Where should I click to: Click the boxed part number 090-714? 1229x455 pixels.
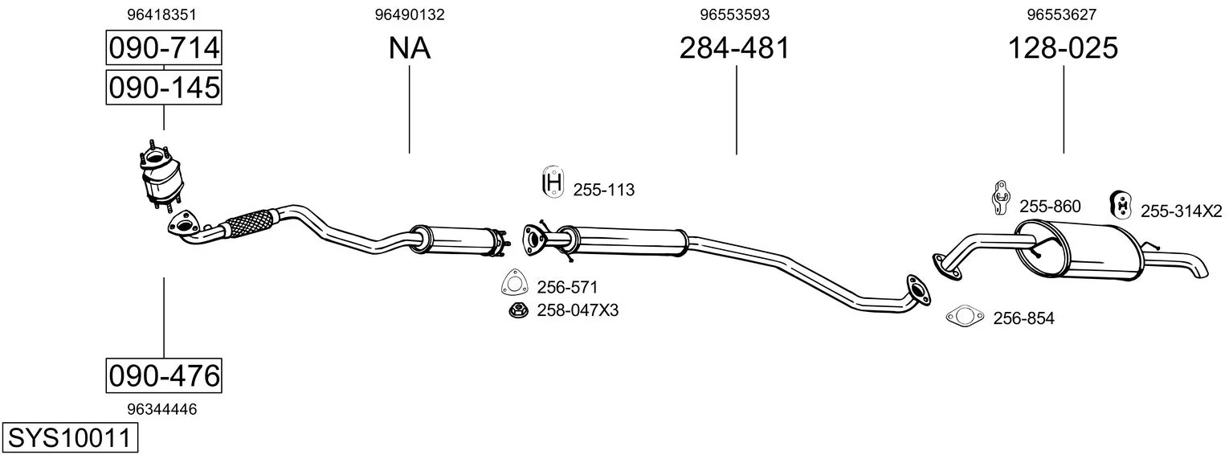(x=164, y=47)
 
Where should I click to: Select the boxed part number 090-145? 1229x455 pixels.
(x=164, y=88)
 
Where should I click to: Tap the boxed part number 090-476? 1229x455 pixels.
(x=164, y=376)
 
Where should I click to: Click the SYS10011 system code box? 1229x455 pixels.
(x=70, y=438)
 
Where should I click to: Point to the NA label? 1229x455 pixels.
(x=410, y=47)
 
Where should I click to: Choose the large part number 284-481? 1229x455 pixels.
(x=734, y=47)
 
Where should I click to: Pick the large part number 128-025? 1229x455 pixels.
(x=1063, y=47)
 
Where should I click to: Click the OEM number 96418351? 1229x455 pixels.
(x=161, y=14)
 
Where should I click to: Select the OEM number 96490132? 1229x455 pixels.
(x=410, y=14)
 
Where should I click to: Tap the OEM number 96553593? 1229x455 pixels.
(x=734, y=14)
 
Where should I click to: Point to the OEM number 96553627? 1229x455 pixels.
(x=1062, y=14)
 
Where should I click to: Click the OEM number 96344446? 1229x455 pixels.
(x=161, y=409)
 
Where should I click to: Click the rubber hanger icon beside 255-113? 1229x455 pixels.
(x=553, y=181)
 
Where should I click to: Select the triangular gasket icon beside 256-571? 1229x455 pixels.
(x=515, y=283)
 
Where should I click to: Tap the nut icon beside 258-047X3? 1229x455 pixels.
(x=518, y=310)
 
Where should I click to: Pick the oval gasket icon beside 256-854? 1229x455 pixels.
(x=965, y=316)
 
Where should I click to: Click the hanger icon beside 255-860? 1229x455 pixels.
(x=1002, y=198)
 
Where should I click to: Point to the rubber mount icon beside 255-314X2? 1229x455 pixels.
(x=1121, y=205)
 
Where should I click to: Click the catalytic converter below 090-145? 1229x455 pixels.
(x=161, y=175)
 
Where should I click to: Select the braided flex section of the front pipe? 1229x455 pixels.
(x=250, y=223)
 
